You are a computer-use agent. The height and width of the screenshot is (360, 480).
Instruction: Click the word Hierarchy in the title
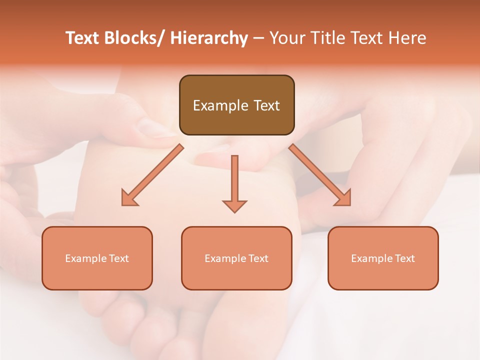pyautogui.click(x=209, y=38)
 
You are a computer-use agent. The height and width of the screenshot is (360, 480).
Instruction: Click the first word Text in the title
pyautogui.click(x=83, y=38)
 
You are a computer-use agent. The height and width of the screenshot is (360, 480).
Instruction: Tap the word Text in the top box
pyautogui.click(x=265, y=105)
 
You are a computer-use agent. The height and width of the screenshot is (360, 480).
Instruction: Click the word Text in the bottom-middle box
pyautogui.click(x=258, y=258)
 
